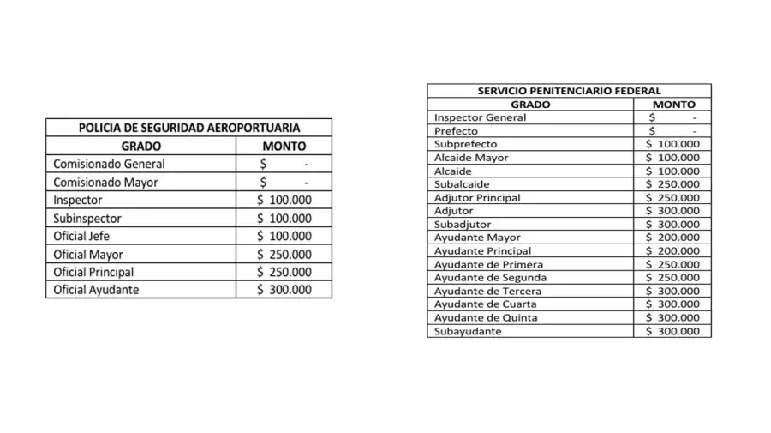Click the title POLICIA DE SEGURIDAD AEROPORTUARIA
[188, 128]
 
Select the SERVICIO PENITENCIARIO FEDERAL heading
[569, 90]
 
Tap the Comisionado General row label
[109, 164]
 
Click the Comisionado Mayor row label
[105, 182]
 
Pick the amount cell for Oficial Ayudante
[284, 290]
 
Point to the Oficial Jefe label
[81, 236]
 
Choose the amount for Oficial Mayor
[284, 254]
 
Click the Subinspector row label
[87, 218]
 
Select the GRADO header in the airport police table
[141, 146]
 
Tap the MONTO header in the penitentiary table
[673, 104]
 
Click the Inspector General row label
[480, 117]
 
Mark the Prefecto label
[456, 131]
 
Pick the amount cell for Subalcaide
[672, 184]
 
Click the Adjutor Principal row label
[477, 197]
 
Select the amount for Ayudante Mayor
[672, 238]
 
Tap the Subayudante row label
[468, 331]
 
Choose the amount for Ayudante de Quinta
[672, 317]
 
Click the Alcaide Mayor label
[471, 158]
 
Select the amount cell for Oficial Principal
[284, 272]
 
